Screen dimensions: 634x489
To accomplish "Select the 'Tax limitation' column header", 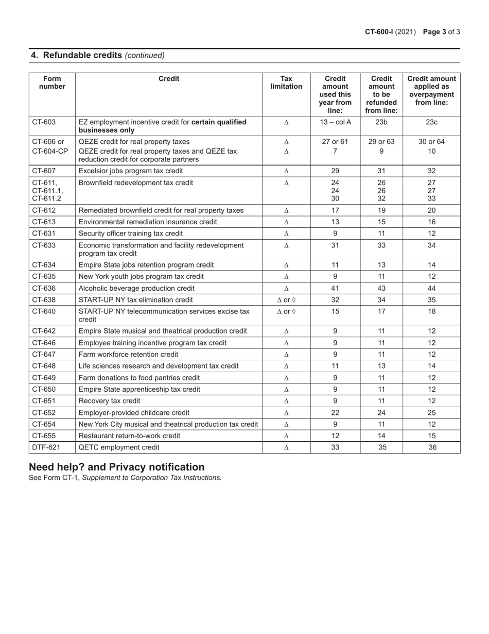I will [x=286, y=82].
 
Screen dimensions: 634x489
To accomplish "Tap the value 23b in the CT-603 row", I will [x=381, y=122].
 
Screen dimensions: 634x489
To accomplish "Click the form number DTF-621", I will [x=46, y=447].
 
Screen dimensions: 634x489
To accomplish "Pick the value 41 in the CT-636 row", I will [x=335, y=288].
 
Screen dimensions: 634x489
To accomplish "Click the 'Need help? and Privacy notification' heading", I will [x=116, y=467].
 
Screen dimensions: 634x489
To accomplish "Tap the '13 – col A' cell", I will [x=335, y=122].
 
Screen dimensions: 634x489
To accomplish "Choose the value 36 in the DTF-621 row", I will [x=432, y=447].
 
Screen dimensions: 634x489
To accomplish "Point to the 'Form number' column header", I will [x=53, y=82].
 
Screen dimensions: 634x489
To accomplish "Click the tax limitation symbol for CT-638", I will [x=286, y=300].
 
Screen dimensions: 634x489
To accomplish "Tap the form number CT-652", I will [x=44, y=412].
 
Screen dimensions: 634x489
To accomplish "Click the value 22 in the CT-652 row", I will [x=335, y=412].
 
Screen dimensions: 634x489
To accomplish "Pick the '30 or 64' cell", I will [x=432, y=142].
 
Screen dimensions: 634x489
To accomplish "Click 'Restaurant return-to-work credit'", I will [x=129, y=436].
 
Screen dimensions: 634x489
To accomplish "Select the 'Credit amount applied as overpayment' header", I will [x=432, y=90].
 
